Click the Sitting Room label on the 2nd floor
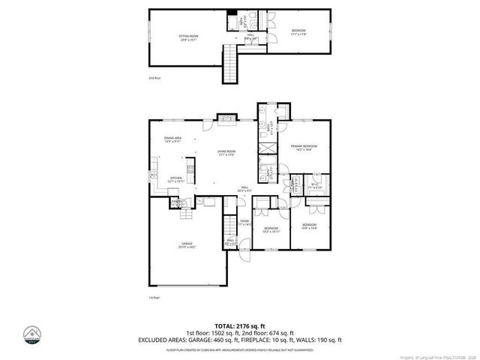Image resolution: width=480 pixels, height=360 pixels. point(188,37)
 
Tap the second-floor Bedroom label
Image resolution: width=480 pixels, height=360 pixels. point(298,31)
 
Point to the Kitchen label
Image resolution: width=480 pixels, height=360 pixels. point(176,179)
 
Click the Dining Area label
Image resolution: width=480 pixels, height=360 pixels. point(173,139)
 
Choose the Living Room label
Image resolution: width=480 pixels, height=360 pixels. point(226,154)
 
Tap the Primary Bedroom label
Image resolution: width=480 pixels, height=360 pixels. point(304,148)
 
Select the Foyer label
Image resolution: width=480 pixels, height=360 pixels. point(244,223)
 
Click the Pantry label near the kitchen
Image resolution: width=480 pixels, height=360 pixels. point(177,202)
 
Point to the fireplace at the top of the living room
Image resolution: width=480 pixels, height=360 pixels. point(227,117)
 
